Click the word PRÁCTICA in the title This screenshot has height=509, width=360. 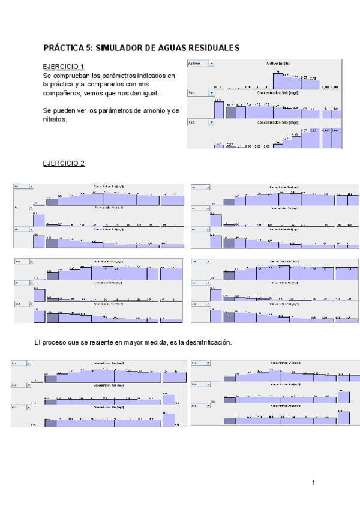[64, 47]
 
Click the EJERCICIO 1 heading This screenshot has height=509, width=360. [64, 67]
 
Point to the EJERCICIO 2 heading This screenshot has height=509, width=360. [64, 163]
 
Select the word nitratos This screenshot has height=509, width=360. [55, 119]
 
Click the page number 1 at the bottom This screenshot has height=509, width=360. [313, 482]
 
